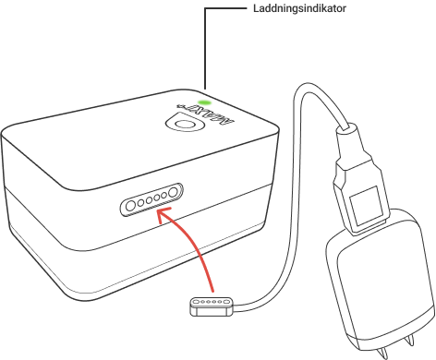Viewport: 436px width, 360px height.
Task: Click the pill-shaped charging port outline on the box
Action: tap(151, 198)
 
